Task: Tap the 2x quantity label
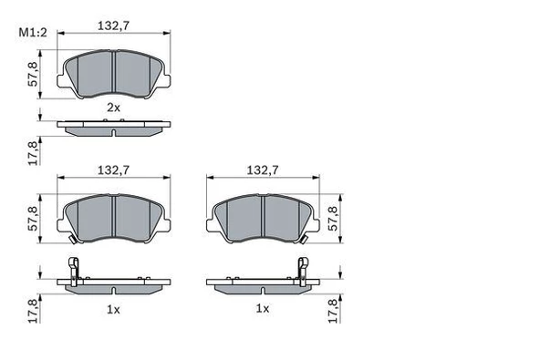(x=113, y=107)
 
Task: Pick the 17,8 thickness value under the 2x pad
(x=35, y=152)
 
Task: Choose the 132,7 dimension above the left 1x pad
(x=113, y=169)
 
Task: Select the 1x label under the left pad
(x=113, y=310)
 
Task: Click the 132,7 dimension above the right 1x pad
(x=263, y=169)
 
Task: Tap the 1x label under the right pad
(x=263, y=310)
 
